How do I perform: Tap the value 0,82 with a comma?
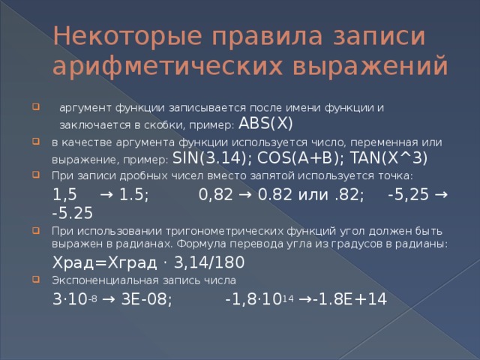tap(215, 194)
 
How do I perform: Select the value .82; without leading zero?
tap(349, 194)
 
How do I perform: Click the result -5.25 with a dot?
tap(73, 212)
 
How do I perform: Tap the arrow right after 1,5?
tap(106, 194)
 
